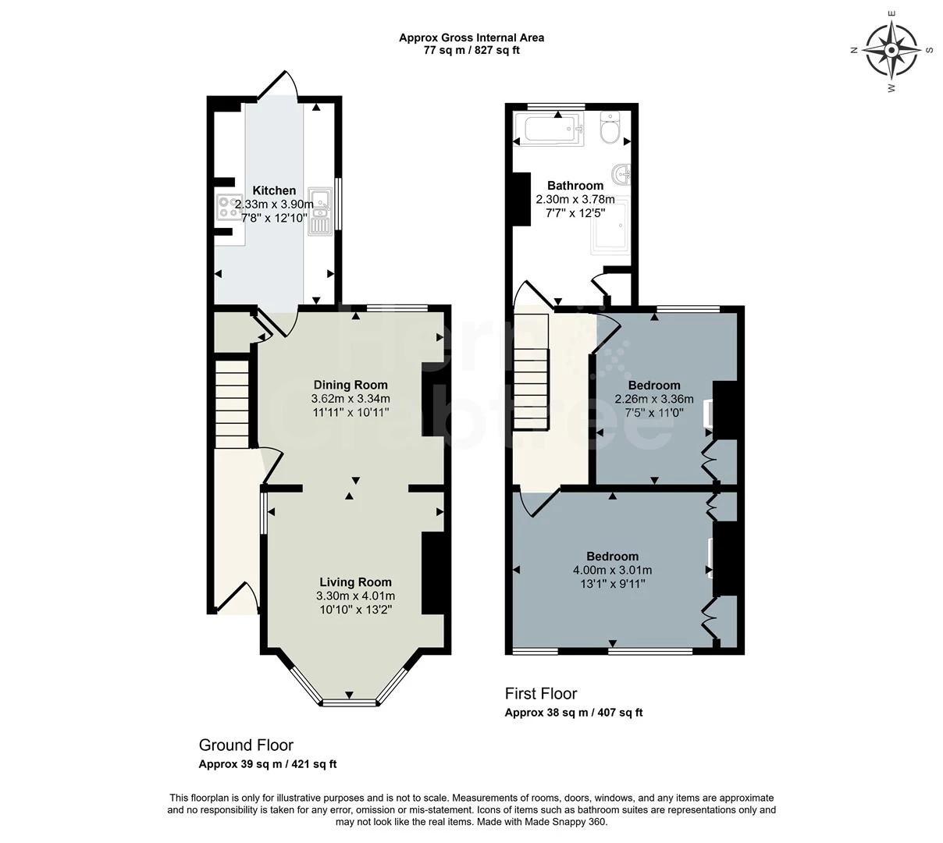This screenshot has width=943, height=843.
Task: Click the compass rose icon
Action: pyautogui.click(x=891, y=49)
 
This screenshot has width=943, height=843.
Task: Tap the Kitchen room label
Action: pyautogui.click(x=274, y=190)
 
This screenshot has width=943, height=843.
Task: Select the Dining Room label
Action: pyautogui.click(x=351, y=385)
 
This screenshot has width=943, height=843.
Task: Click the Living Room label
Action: pyautogui.click(x=355, y=582)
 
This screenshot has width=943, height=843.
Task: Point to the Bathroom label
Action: pyautogui.click(x=575, y=186)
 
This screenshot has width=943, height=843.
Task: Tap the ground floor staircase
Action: pyautogui.click(x=231, y=402)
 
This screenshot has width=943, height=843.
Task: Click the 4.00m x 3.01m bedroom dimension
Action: pyautogui.click(x=612, y=571)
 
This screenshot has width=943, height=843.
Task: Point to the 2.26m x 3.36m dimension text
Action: pyautogui.click(x=654, y=399)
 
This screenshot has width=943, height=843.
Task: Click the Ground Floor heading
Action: pyautogui.click(x=246, y=745)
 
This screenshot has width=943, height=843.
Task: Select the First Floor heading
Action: pyautogui.click(x=541, y=693)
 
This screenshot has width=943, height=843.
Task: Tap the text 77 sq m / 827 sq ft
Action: pyautogui.click(x=471, y=51)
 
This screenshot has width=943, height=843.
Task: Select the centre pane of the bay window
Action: pyautogui.click(x=349, y=702)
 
